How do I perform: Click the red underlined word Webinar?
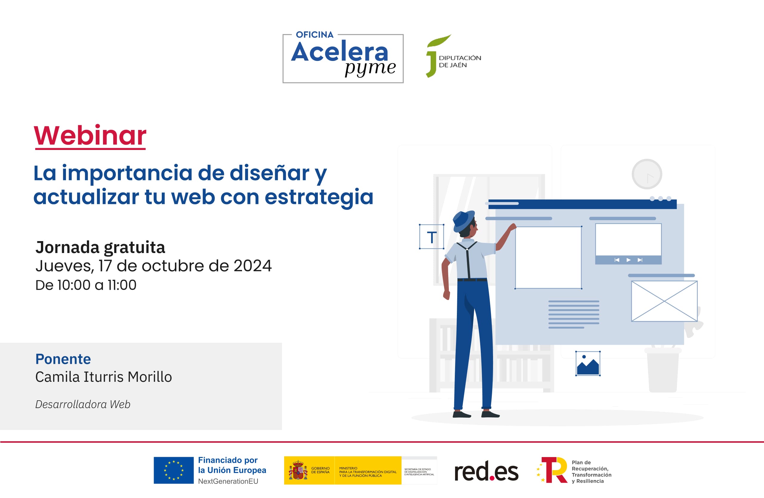(x=90, y=136)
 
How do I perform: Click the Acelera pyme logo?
(x=343, y=59)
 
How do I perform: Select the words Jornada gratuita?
(x=100, y=247)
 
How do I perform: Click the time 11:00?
(x=122, y=285)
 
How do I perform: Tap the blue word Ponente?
(x=63, y=359)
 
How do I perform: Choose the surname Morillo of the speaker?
(x=150, y=377)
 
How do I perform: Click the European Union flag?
(x=173, y=470)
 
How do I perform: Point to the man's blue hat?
(x=463, y=220)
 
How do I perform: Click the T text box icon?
(x=432, y=237)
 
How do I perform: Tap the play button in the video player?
(x=628, y=260)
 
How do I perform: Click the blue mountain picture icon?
(x=587, y=363)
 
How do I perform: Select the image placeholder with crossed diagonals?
(x=664, y=301)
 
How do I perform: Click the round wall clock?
(x=646, y=174)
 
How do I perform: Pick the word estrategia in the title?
(x=319, y=197)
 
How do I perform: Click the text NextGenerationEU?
(x=228, y=481)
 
